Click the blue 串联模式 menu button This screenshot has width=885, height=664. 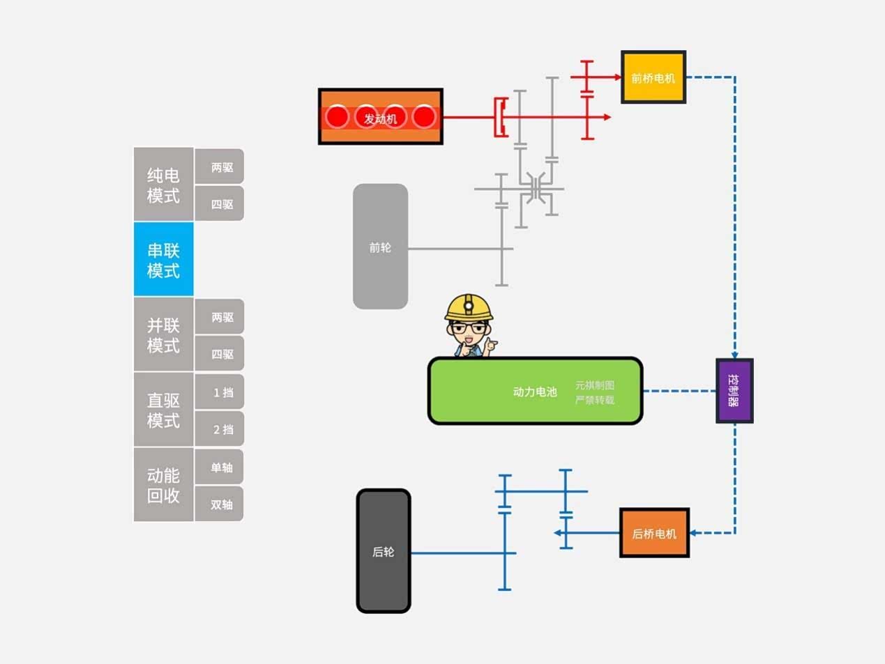point(163,260)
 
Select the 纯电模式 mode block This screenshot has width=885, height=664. point(163,185)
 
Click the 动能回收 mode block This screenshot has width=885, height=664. point(163,485)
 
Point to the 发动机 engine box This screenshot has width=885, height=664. point(380,117)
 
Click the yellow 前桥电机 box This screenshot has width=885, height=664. point(653,77)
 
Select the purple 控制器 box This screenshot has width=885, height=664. point(734,391)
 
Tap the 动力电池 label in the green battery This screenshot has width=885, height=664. point(534,392)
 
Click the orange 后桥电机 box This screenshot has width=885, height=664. point(654,533)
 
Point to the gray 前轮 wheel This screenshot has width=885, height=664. point(380,247)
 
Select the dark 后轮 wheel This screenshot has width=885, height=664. point(383,551)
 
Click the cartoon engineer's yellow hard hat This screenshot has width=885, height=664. point(469,306)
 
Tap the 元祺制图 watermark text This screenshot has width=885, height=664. point(594,385)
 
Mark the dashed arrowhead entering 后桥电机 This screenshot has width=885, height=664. point(695,533)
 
